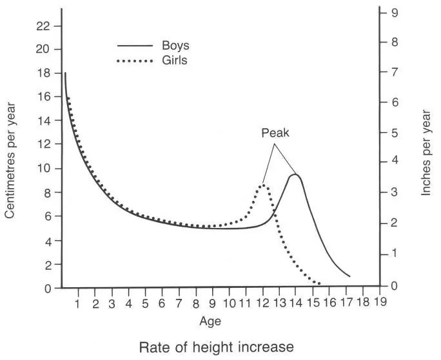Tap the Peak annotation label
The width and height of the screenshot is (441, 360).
[276, 134]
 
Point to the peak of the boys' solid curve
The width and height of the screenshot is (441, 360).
[295, 175]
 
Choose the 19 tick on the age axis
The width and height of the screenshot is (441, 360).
[380, 303]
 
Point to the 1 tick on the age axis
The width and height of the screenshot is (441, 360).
[78, 303]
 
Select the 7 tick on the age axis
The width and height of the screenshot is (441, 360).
[179, 303]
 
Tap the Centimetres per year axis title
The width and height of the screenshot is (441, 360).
[10, 164]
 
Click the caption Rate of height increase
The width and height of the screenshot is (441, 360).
[217, 347]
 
